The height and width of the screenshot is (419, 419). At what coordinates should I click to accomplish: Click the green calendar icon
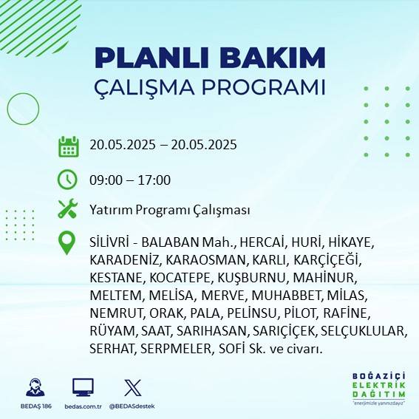click(x=68, y=146)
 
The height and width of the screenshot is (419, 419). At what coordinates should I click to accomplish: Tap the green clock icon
click(x=68, y=180)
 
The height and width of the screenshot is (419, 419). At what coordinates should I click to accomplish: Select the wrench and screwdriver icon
click(x=68, y=210)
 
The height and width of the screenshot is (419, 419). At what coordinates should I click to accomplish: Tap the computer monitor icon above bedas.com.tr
click(x=83, y=387)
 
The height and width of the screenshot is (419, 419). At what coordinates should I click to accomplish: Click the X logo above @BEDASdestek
click(x=132, y=387)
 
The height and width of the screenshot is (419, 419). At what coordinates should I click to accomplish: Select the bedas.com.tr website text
click(x=84, y=406)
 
